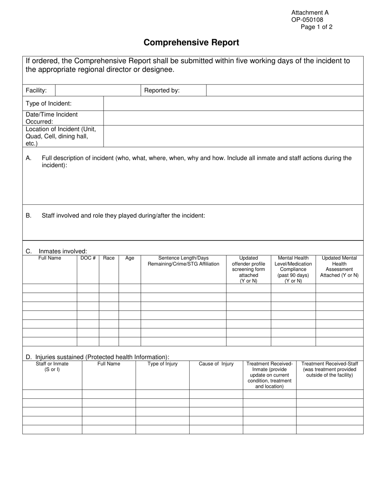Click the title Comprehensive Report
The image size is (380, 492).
[191, 42]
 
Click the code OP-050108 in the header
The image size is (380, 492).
[307, 20]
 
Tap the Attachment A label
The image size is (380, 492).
[310, 13]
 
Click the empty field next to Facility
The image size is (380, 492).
[98, 90]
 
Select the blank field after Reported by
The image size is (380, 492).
[284, 90]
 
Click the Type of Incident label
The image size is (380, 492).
[49, 104]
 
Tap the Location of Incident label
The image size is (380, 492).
[61, 136]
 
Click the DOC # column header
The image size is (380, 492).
[88, 258]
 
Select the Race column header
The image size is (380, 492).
[109, 258]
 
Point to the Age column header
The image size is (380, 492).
[130, 258]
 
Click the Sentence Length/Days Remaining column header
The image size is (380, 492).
[183, 261]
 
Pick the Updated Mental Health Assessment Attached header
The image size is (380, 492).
[339, 267]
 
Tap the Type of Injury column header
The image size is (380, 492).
[162, 364]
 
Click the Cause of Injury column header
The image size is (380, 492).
[216, 364]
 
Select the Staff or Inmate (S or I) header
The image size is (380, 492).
[52, 367]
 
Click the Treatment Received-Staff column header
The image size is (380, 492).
[330, 369]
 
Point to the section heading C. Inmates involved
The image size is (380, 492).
[56, 251]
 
